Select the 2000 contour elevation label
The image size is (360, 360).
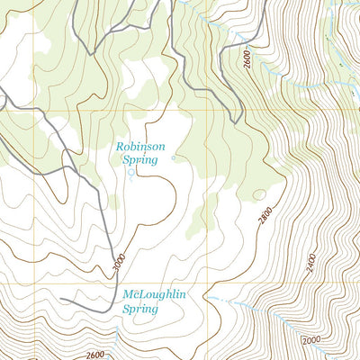pyautogui.click(x=311, y=340)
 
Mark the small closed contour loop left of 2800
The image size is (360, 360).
pyautogui.click(x=260, y=193)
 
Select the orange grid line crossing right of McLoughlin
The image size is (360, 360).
pyautogui.click(x=209, y=283)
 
